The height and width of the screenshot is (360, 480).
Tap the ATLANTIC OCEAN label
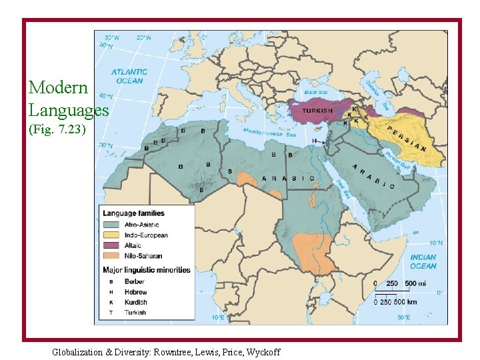129,76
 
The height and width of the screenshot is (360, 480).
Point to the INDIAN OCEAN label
423,261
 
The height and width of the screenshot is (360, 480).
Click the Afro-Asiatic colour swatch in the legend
112,225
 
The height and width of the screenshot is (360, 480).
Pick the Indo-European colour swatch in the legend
112,235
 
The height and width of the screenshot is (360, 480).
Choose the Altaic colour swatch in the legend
112,245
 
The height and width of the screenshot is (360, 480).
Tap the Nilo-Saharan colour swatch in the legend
112,255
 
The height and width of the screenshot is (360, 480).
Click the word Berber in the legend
134,282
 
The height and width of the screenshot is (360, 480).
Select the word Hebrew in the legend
135,292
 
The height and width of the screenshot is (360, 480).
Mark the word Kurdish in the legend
135,302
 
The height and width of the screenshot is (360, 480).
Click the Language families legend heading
133,213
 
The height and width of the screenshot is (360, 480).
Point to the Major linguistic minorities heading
146,270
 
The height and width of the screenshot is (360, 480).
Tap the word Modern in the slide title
58,87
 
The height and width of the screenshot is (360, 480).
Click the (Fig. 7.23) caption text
57,129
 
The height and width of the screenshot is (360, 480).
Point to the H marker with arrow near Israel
314,141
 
